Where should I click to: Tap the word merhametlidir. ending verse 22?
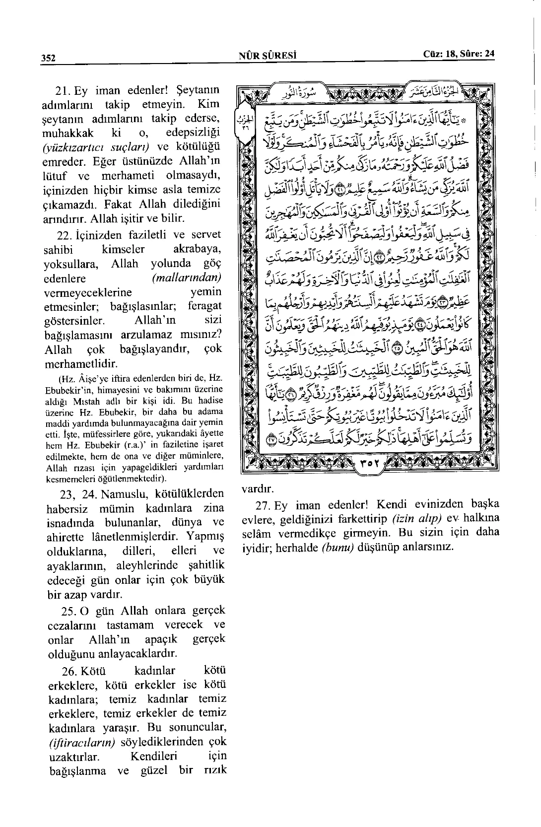pos(80,364)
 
